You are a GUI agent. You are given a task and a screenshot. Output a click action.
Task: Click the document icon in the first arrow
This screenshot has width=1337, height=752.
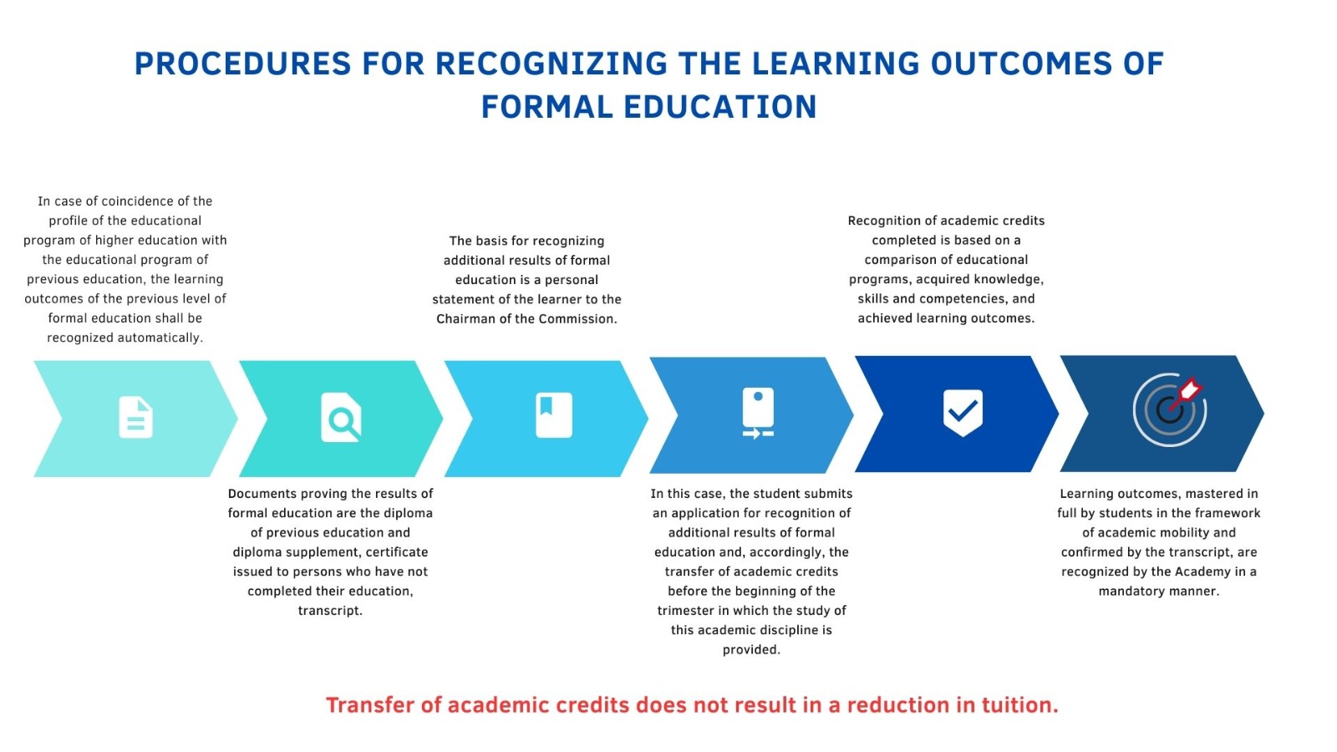(136, 417)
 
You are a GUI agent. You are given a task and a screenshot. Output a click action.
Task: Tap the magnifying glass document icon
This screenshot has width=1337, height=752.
(341, 417)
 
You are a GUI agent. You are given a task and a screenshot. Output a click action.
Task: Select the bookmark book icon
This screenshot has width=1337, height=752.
(554, 414)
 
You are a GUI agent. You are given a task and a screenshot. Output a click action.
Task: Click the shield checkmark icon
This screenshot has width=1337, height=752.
(963, 413)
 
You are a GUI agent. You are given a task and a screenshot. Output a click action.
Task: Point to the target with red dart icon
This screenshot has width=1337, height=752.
(1169, 410)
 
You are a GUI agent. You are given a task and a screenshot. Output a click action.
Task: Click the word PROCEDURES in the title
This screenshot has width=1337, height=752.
(243, 64)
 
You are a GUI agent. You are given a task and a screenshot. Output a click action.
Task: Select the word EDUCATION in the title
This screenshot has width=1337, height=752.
(719, 108)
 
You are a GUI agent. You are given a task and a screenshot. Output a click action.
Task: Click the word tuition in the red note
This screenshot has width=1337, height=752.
(1020, 705)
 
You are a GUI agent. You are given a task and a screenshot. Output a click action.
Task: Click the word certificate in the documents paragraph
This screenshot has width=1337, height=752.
(397, 552)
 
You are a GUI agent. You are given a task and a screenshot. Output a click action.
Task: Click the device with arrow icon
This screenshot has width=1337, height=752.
(758, 413)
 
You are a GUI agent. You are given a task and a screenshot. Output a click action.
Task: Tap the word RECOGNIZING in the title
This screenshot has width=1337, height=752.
(552, 64)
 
